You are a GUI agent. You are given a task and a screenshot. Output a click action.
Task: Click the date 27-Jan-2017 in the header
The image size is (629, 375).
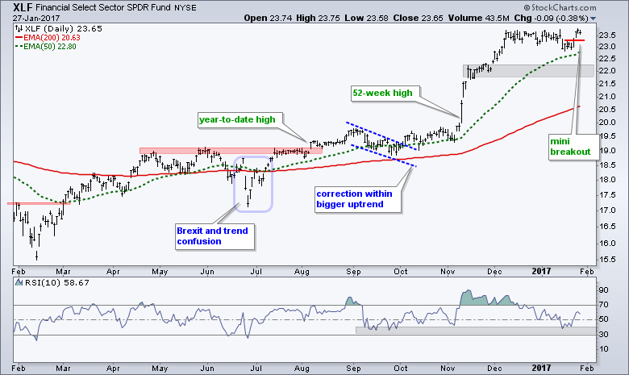[x=27, y=17]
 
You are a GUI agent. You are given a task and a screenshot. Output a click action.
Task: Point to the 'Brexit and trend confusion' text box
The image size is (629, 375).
[x=213, y=235]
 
